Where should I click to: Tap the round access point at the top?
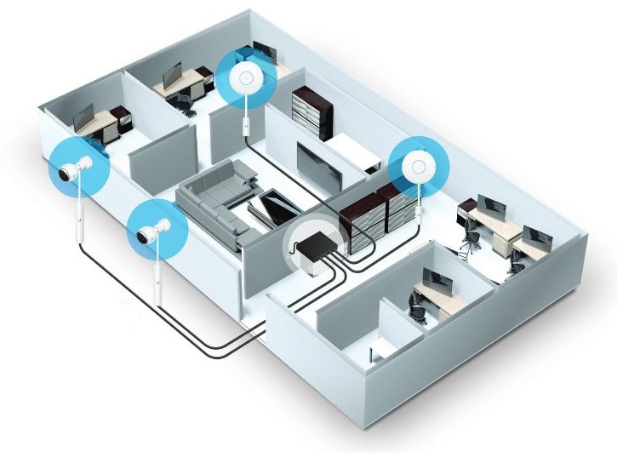tap(248, 80)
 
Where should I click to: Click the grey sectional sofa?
tap(218, 202)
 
